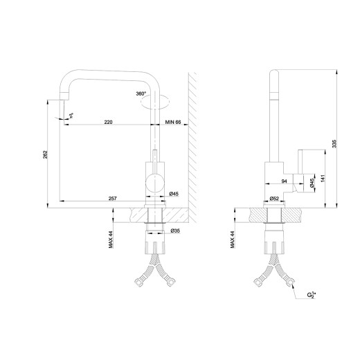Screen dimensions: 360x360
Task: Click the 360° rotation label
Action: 141,93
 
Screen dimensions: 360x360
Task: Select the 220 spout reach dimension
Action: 109,122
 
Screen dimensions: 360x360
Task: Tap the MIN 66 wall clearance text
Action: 173,122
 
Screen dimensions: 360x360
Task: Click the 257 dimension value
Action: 113,199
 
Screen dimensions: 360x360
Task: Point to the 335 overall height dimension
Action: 336,143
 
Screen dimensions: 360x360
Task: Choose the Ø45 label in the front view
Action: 174,194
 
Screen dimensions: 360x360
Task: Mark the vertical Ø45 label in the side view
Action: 312,183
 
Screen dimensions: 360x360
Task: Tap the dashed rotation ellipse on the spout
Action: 153,103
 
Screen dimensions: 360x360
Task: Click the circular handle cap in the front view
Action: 156,183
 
